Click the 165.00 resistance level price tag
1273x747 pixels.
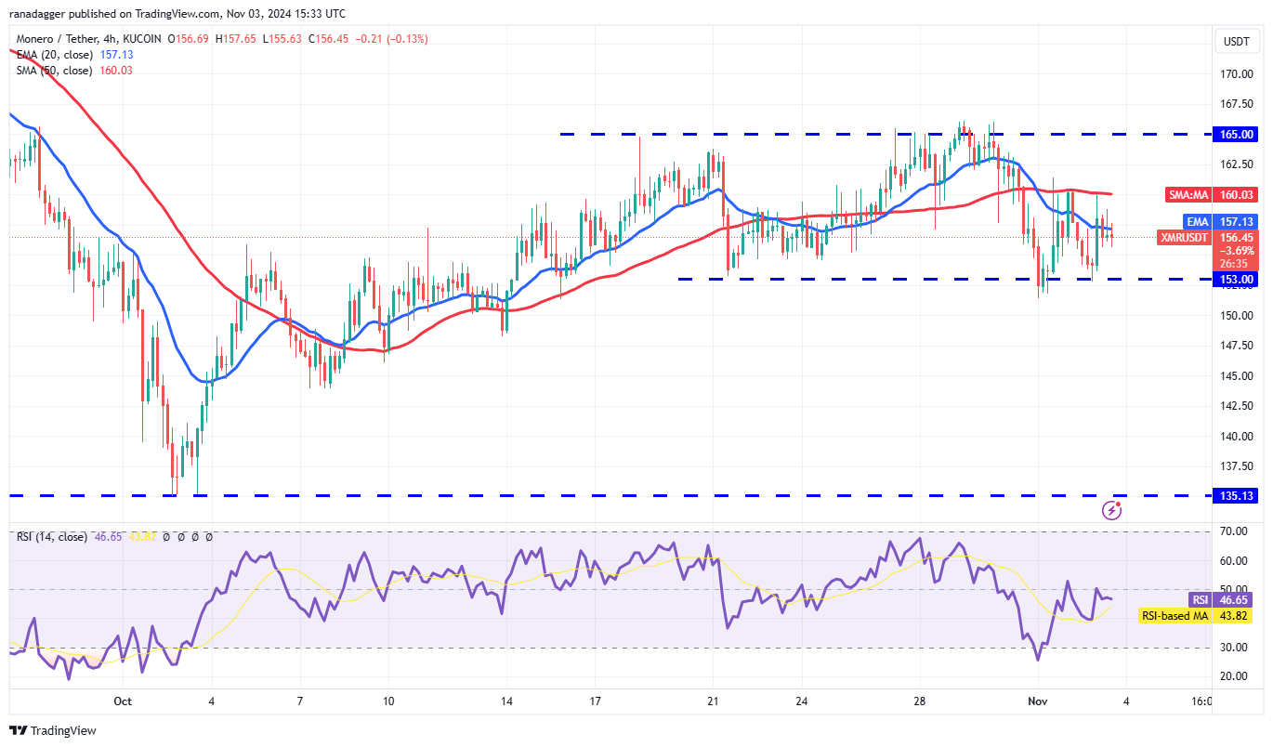pos(1236,135)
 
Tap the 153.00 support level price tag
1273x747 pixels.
pos(1236,279)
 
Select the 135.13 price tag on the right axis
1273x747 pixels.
pos(1236,496)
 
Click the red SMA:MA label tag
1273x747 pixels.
pos(1187,195)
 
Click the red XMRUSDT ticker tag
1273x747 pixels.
pos(1185,238)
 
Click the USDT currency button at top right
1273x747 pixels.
pos(1236,41)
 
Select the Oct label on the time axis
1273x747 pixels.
pos(124,701)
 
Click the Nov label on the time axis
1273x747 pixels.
pos(1039,701)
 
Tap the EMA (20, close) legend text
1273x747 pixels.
pos(54,55)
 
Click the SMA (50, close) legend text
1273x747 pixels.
pos(54,71)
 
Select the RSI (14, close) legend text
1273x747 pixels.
pos(51,537)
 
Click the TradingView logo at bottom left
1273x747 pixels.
pos(53,731)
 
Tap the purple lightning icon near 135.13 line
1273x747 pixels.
pos(1111,509)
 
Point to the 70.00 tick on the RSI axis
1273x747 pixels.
pos(1233,531)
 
